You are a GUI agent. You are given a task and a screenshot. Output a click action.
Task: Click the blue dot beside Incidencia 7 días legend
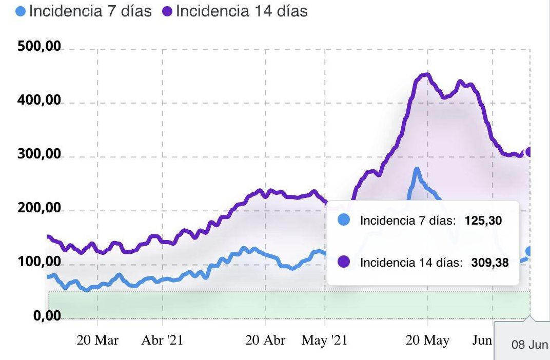coord(21,11)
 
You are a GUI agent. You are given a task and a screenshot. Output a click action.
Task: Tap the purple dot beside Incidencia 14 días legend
coord(167,11)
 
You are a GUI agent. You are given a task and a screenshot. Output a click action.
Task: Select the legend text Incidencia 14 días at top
coord(241,11)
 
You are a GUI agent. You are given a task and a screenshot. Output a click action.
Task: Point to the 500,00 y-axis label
coord(39,47)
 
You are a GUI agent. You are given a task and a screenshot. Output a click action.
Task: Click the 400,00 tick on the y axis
coord(39,101)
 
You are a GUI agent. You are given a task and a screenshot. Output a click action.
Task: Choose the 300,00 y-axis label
coord(39,155)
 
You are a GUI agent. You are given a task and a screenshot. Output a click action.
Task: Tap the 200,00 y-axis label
coord(39,209)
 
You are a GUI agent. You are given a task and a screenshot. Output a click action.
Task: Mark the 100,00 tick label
coord(39,263)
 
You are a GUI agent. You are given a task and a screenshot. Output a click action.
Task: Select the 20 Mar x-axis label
coord(97,341)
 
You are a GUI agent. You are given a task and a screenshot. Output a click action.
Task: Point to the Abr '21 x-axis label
coord(162,341)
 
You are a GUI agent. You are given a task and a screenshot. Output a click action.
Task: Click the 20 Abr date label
coord(265,341)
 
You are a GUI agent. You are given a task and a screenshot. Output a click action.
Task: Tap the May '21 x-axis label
coord(324,341)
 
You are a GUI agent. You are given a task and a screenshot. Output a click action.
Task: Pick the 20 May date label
coord(427,341)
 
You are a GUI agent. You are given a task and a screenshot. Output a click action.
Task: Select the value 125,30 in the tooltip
coord(483,221)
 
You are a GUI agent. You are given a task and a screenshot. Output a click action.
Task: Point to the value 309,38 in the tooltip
coord(489,263)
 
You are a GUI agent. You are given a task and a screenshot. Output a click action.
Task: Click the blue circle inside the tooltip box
coord(344,221)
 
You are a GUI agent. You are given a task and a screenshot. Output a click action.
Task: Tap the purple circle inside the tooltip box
coord(344,262)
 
